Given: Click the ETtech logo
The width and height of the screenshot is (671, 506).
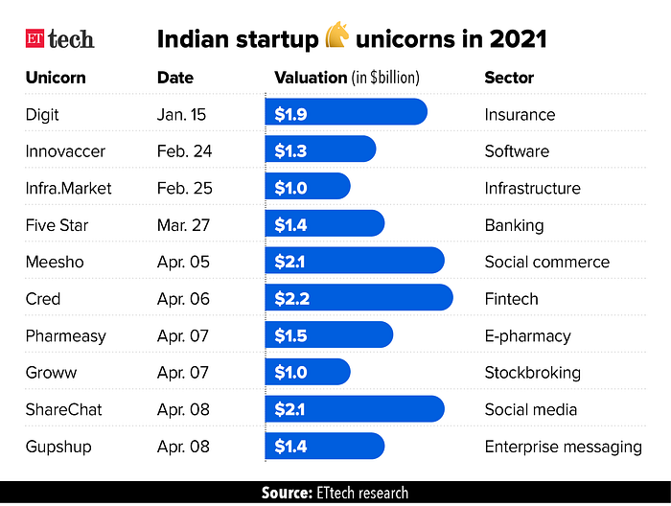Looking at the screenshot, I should pyautogui.click(x=59, y=39).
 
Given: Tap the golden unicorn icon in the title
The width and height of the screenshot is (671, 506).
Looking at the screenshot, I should pyautogui.click(x=337, y=37).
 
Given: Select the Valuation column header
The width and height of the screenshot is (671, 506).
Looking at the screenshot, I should pyautogui.click(x=347, y=78).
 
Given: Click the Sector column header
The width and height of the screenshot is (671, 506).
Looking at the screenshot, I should pyautogui.click(x=509, y=78).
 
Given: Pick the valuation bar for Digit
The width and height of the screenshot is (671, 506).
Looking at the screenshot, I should pyautogui.click(x=346, y=114).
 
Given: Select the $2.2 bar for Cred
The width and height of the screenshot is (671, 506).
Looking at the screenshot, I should pyautogui.click(x=359, y=298).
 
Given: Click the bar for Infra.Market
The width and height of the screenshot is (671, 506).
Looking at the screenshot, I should pyautogui.click(x=308, y=188).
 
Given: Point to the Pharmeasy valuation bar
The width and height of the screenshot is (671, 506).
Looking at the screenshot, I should pyautogui.click(x=329, y=335).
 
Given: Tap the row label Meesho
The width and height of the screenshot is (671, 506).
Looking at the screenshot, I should pyautogui.click(x=54, y=262).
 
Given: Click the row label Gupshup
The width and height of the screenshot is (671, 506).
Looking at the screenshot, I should pyautogui.click(x=58, y=446).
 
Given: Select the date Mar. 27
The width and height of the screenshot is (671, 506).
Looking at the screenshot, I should pyautogui.click(x=184, y=225).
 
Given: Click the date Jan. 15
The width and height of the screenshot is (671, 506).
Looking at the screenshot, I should pyautogui.click(x=182, y=114).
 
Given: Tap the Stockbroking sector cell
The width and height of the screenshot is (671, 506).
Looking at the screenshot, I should pyautogui.click(x=532, y=372).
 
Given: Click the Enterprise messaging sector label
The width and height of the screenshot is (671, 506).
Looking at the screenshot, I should pyautogui.click(x=563, y=446).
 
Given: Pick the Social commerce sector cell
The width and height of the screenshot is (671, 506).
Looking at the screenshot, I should pyautogui.click(x=546, y=262).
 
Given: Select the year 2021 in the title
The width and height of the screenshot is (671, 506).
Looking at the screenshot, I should pyautogui.click(x=517, y=39).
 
